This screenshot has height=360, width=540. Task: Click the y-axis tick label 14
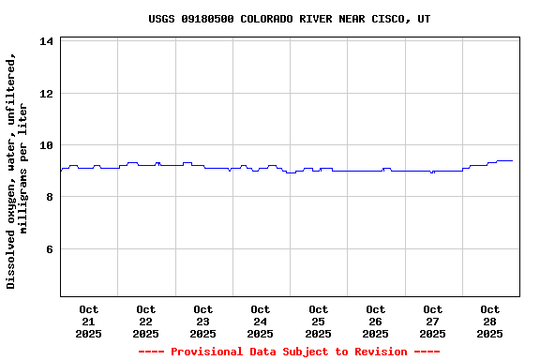click(46, 41)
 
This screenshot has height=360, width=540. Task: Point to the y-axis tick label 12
click(46, 94)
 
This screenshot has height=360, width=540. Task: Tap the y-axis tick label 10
click(46, 145)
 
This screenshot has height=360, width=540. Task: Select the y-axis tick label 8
click(49, 197)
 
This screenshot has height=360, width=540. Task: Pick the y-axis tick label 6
click(49, 249)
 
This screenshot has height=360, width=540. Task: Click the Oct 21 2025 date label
click(89, 321)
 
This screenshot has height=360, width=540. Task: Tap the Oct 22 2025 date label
click(146, 321)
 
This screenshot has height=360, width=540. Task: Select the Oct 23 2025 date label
click(203, 321)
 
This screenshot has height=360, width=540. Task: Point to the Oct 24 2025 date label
click(261, 321)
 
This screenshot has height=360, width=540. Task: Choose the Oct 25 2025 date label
click(318, 321)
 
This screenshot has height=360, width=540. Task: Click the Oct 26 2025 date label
click(375, 321)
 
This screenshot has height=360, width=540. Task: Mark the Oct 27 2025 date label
click(432, 321)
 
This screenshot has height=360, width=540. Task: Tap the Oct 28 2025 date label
click(489, 321)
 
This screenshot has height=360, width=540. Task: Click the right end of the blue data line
click(512, 160)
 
